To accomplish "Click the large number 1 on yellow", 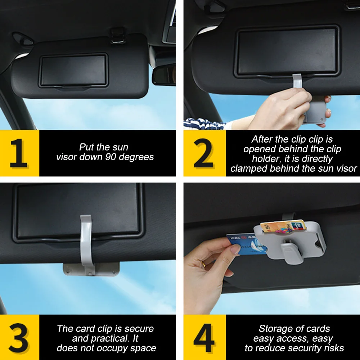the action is pos(19,153).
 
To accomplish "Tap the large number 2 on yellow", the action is pos(203,153).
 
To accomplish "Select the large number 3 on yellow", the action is pos(19,338).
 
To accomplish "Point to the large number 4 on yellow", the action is pos(204,338).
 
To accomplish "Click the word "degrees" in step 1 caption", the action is pos(136,157).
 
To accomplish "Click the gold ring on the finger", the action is pos(203,264).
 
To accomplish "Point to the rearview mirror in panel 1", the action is pos(164,74).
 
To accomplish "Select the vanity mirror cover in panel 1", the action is pos(73,71).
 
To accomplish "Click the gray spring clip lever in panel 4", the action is pos(290,253).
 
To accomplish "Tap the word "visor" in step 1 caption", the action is pos(67,157).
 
